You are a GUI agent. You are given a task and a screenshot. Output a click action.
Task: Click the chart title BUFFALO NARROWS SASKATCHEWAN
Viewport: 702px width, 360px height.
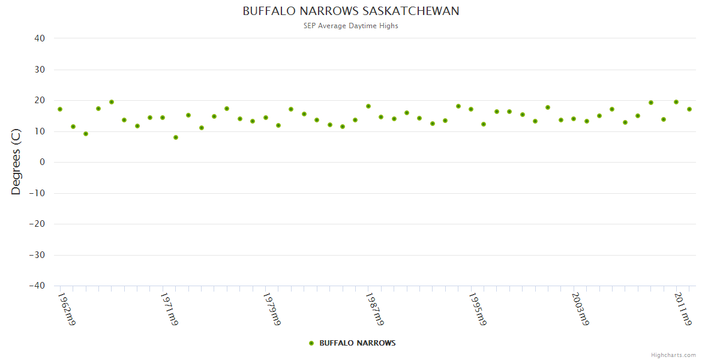pos(351,11)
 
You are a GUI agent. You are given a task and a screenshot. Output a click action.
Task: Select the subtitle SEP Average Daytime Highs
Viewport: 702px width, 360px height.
pos(351,26)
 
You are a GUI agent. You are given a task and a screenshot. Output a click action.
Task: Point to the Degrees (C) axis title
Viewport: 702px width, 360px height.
pos(16,162)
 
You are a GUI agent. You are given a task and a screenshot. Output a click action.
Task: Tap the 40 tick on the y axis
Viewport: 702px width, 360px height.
pos(40,38)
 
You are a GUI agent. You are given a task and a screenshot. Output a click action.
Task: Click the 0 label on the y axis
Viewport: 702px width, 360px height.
pos(42,162)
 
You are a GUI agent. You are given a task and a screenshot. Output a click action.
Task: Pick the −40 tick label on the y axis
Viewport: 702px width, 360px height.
pos(37,286)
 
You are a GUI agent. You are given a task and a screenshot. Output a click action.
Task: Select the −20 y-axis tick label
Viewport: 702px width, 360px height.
pos(37,224)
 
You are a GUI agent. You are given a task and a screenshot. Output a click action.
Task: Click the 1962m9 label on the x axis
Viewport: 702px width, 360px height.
pos(66,309)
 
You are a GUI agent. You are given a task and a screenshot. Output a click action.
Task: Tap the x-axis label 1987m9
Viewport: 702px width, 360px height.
pos(374,309)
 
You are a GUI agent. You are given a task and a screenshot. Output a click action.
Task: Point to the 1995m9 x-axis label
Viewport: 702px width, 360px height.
pos(477,309)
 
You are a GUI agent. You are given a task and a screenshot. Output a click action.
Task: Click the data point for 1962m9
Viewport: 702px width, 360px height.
pos(60,109)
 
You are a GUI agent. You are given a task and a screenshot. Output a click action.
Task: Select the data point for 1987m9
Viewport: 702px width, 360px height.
pos(368,106)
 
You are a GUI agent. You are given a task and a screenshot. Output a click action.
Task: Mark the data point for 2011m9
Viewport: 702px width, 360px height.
pos(676,102)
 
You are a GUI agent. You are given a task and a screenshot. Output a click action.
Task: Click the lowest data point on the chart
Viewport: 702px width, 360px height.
pos(176,137)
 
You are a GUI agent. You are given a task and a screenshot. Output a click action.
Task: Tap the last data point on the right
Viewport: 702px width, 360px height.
pos(689,109)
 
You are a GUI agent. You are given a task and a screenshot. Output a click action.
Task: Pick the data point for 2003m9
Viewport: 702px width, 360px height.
pos(574,119)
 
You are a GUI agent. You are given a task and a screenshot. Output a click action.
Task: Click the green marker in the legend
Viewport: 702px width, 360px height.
pos(311,343)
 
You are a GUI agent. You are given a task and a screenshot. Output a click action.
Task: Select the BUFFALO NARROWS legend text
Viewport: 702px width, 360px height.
pos(357,343)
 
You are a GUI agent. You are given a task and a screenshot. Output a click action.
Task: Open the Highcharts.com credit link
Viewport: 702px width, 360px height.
pos(673,355)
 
